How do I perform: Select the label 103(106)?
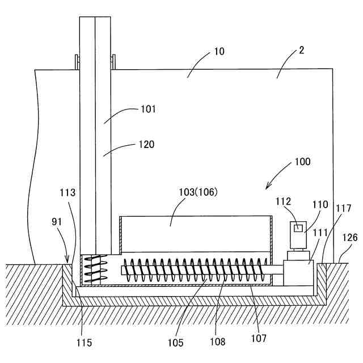click(x=199, y=192)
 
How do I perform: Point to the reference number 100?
click(x=302, y=161)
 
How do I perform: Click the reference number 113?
click(x=67, y=192)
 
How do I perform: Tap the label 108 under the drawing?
click(x=217, y=341)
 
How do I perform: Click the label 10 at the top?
click(x=219, y=52)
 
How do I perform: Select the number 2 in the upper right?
click(x=301, y=50)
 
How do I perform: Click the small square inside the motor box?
click(x=297, y=228)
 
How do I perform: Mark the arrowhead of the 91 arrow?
click(x=69, y=263)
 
